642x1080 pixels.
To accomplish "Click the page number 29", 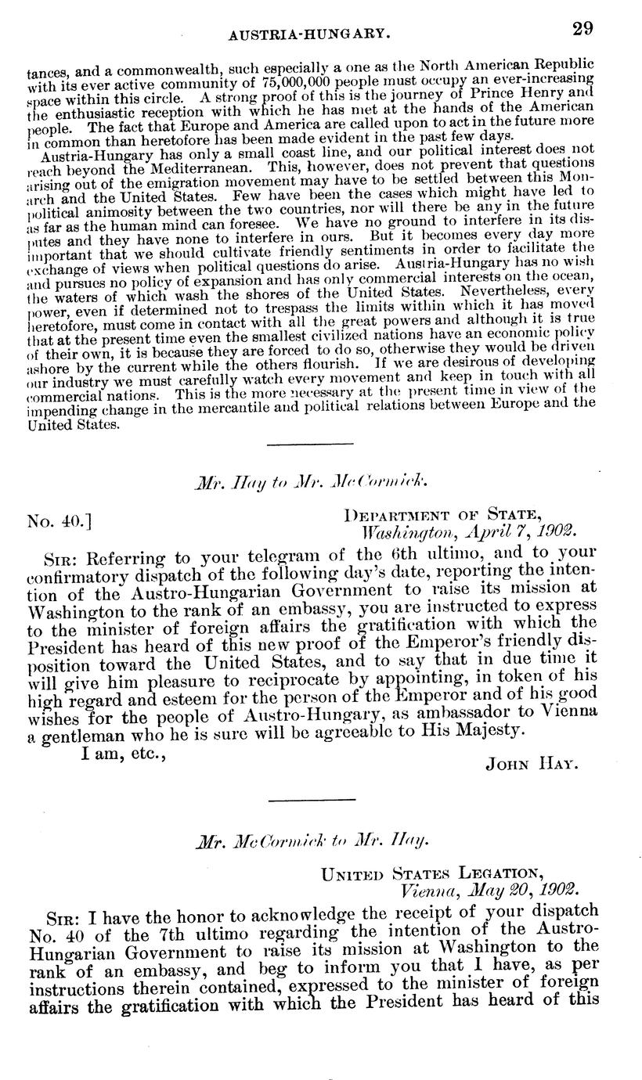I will (x=582, y=29).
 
